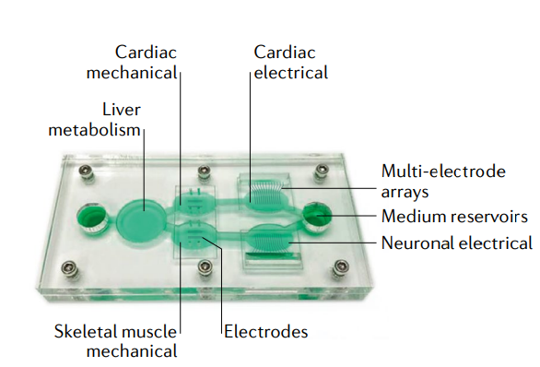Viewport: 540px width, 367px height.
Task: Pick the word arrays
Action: [x=405, y=194]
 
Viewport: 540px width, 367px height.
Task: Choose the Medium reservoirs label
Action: [x=454, y=218]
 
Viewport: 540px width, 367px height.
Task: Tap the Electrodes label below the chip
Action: [x=265, y=330]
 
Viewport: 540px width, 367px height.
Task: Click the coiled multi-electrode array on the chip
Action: [x=267, y=192]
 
